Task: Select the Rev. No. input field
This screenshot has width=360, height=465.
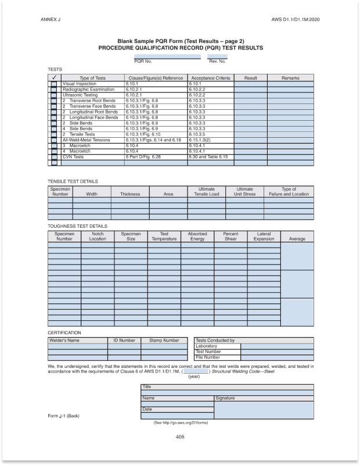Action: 217,56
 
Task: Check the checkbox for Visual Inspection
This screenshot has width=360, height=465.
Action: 54,84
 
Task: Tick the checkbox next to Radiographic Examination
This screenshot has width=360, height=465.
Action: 54,90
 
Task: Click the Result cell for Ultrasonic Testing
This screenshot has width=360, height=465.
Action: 250,95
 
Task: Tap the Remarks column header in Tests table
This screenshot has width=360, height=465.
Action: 290,78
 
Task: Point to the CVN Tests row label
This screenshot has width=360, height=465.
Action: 73,157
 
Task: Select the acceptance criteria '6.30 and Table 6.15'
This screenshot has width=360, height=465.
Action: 208,157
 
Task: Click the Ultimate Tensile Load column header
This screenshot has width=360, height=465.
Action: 206,192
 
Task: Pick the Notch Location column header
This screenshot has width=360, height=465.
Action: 98,236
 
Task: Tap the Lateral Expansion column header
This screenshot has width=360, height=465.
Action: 264,236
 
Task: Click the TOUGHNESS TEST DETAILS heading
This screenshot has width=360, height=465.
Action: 77,225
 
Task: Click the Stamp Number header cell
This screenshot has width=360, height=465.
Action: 164,340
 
